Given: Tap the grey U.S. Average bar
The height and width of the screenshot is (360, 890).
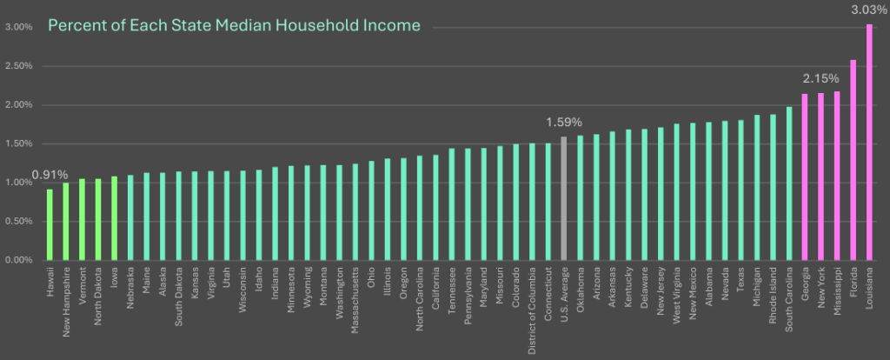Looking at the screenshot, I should (563, 198).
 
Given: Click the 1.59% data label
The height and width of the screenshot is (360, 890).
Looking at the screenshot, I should (563, 123).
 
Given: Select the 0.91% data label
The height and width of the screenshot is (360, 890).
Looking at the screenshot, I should (50, 175).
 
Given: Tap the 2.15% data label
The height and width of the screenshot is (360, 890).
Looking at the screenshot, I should (820, 79).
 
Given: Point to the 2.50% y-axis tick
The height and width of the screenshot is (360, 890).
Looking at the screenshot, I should (19, 66).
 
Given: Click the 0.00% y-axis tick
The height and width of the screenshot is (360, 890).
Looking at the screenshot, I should (19, 260).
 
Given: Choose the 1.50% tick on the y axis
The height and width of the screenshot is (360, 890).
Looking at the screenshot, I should (19, 143).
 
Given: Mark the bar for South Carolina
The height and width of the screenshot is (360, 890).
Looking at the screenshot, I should (788, 183).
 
